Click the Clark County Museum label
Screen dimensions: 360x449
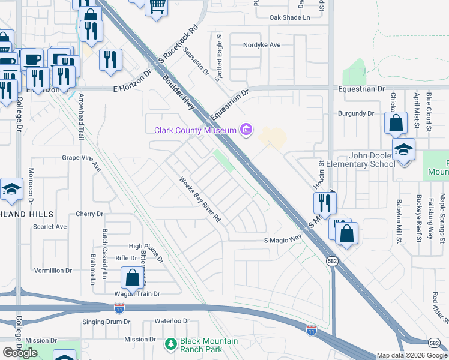(195, 130)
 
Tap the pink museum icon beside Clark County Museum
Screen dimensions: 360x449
(246, 130)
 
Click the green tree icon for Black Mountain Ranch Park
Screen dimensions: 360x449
(170, 344)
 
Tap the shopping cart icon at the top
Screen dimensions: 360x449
(157, 7)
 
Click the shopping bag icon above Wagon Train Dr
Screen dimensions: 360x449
(132, 278)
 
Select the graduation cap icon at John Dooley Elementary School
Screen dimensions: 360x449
(404, 149)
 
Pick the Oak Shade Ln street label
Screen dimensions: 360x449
(289, 18)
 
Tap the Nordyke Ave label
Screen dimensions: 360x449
(262, 45)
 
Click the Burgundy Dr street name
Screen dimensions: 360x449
(355, 113)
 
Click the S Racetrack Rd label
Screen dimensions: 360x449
(178, 45)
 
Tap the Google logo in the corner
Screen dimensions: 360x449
(20, 353)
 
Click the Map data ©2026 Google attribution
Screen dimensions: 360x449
(411, 355)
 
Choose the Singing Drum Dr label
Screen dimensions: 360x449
(106, 322)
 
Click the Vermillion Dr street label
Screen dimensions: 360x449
(53, 271)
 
